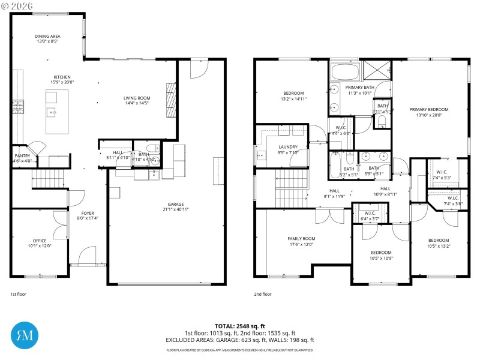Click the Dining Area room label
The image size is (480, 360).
point(47,36)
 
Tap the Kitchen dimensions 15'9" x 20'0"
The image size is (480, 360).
point(62,83)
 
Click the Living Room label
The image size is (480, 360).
point(137,98)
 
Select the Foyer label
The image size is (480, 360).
point(88,213)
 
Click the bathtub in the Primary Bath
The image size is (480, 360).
point(345,74)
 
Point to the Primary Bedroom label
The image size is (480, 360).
point(428,109)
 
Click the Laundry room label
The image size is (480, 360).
point(288,147)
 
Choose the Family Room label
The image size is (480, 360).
point(301,238)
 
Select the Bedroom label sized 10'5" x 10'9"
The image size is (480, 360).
point(381,252)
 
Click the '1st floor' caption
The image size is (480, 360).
point(18,294)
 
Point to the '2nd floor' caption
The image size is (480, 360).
point(262,294)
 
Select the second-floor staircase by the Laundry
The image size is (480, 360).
point(292,187)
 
